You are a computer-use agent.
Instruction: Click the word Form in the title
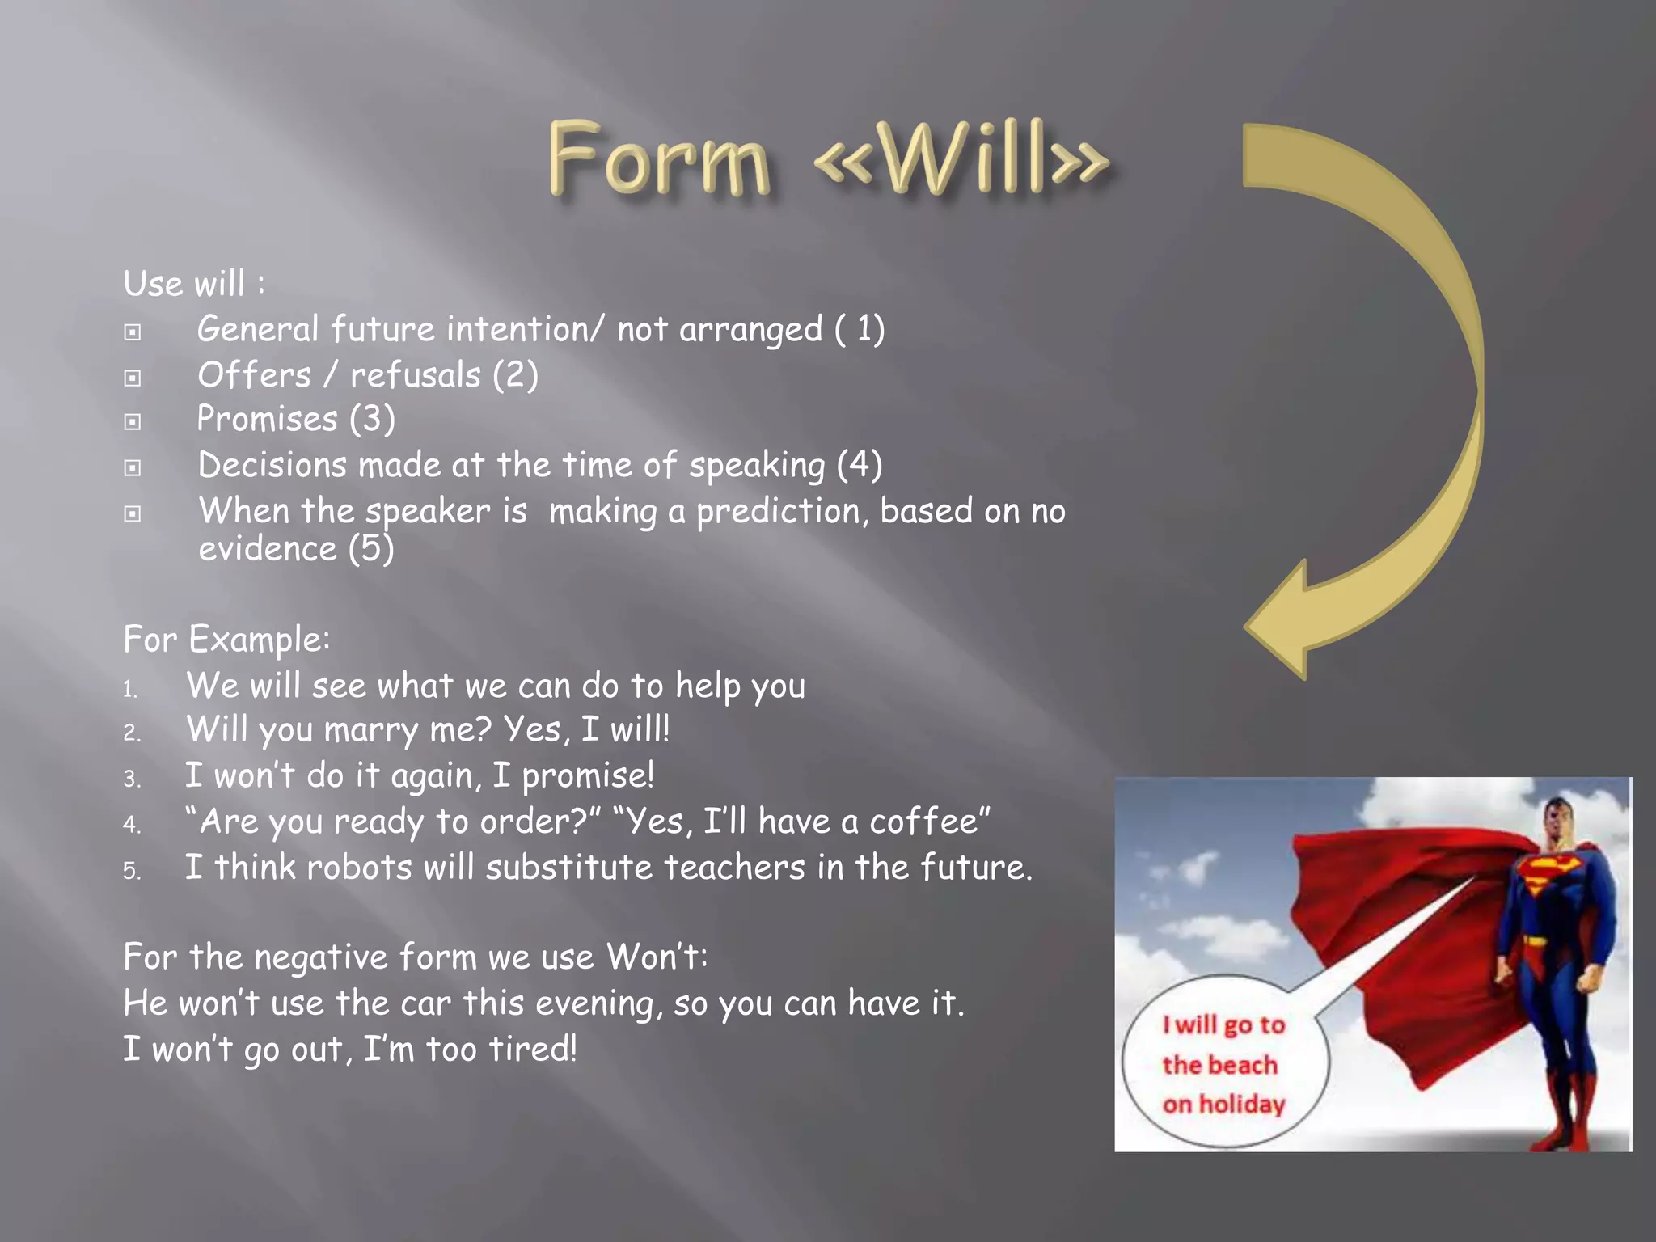click(x=658, y=158)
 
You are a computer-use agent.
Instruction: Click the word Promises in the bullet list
click(x=268, y=419)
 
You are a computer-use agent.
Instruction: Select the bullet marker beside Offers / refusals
click(x=133, y=378)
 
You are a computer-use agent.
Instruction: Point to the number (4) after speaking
click(x=859, y=465)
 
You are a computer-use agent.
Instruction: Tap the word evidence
click(x=268, y=550)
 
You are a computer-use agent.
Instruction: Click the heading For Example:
click(x=226, y=640)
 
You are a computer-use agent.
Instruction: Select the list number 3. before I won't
click(x=132, y=779)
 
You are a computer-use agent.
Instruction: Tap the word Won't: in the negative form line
click(x=657, y=957)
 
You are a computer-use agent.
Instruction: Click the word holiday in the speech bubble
click(x=1242, y=1105)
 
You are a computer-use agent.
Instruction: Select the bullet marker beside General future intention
click(x=133, y=332)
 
